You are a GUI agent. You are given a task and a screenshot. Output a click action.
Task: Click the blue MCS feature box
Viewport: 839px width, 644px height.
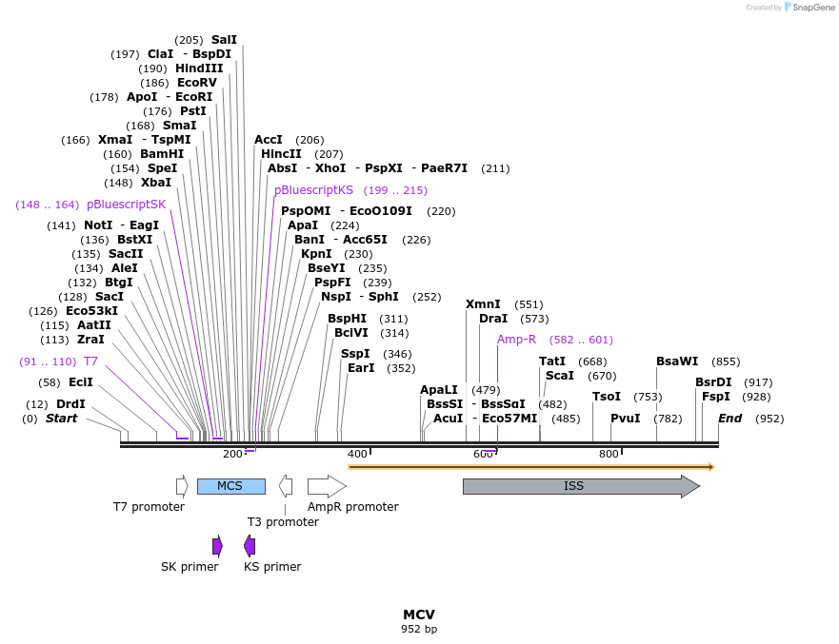pyautogui.click(x=230, y=486)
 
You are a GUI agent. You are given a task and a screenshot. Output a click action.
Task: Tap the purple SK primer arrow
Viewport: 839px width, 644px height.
pyautogui.click(x=217, y=545)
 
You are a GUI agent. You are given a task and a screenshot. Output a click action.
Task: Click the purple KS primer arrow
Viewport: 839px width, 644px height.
pyautogui.click(x=250, y=545)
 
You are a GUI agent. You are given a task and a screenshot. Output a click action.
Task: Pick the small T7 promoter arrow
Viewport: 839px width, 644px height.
pyautogui.click(x=182, y=486)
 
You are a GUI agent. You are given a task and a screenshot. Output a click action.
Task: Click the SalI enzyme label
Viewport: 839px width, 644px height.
pyautogui.click(x=224, y=40)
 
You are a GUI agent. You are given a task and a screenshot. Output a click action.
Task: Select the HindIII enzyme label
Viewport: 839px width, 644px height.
pyautogui.click(x=199, y=68)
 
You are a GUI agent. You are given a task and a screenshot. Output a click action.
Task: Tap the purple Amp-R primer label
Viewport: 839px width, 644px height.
pyautogui.click(x=516, y=340)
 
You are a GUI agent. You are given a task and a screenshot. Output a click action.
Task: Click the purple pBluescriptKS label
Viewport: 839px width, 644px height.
pyautogui.click(x=313, y=190)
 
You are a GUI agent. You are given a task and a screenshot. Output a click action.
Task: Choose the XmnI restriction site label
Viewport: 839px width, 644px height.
pyautogui.click(x=483, y=304)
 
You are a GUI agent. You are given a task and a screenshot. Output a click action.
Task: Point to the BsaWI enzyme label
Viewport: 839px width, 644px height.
pyautogui.click(x=677, y=361)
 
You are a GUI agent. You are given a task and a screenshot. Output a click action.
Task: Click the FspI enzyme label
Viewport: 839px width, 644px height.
pyautogui.click(x=716, y=397)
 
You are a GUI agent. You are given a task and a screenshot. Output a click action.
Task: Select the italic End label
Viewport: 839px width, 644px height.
pyautogui.click(x=729, y=419)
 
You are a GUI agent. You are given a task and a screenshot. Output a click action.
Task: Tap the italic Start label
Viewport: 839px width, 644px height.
pyautogui.click(x=62, y=419)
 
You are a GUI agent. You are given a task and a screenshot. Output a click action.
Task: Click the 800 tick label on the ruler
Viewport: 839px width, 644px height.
pyautogui.click(x=609, y=454)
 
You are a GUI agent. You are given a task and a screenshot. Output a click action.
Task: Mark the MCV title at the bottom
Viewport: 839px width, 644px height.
pyautogui.click(x=419, y=615)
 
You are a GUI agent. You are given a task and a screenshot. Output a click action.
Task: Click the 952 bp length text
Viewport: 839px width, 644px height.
pyautogui.click(x=419, y=629)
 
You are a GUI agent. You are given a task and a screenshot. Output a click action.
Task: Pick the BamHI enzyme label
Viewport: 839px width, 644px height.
pyautogui.click(x=162, y=154)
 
